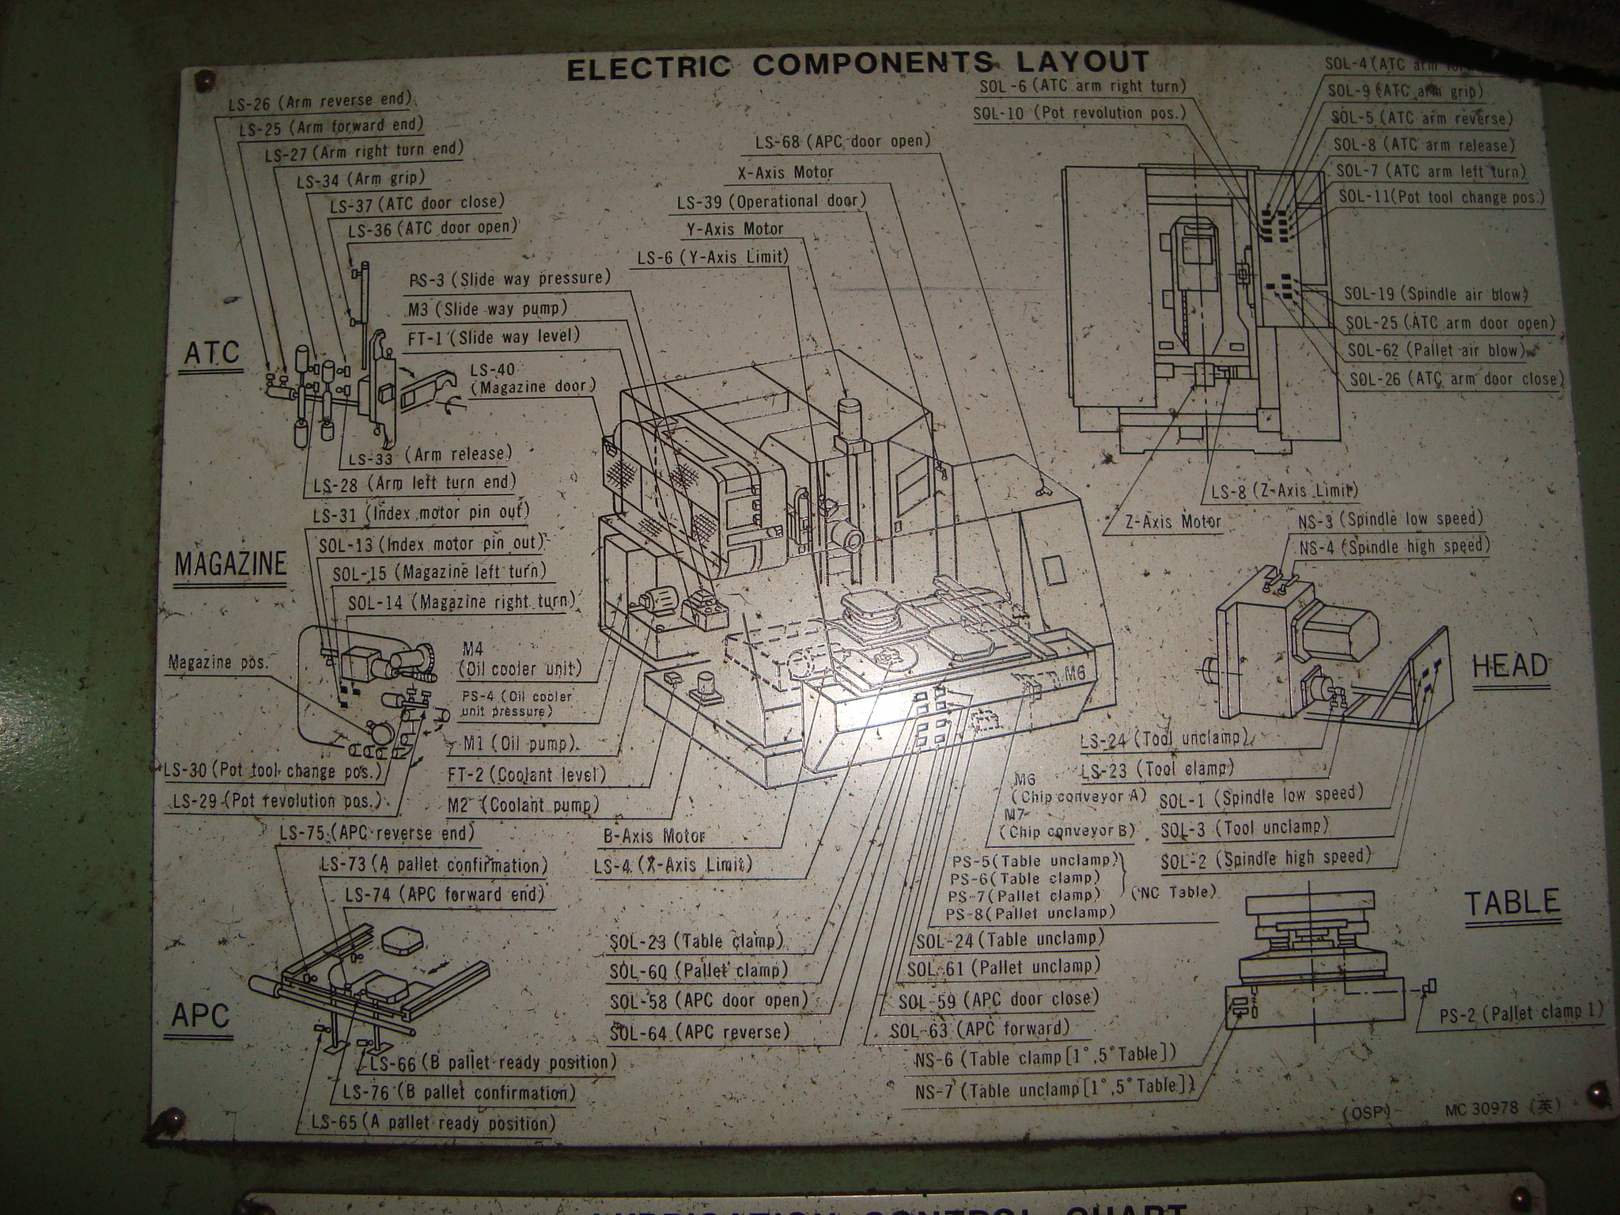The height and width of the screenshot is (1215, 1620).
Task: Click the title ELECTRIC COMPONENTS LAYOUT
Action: [x=857, y=64]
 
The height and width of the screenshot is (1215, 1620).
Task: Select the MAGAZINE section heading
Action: [x=230, y=565]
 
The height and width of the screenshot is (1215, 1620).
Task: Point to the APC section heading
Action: [x=200, y=1015]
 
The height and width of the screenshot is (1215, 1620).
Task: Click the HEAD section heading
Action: [x=1509, y=666]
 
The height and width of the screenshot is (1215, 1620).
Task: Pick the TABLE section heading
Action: [x=1512, y=903]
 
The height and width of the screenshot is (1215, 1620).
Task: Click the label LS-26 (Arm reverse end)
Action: [x=320, y=100]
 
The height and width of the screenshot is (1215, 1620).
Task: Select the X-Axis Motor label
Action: [x=785, y=172]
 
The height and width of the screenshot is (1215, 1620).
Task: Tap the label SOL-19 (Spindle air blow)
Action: [x=1436, y=294]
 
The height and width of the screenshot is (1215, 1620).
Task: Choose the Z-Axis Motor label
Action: [x=1172, y=521]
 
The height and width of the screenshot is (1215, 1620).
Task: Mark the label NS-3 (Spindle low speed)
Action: [x=1390, y=519]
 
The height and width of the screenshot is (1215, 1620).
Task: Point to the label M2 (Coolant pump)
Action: [x=522, y=804]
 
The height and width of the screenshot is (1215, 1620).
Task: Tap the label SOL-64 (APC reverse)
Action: [x=699, y=1032]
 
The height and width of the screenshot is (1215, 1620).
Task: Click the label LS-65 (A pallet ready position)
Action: [x=433, y=1122]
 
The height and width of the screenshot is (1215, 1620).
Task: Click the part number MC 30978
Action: [x=1480, y=1107]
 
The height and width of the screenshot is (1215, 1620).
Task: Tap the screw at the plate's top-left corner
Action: [x=206, y=80]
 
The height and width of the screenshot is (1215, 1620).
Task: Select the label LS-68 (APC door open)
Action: [x=842, y=142]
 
